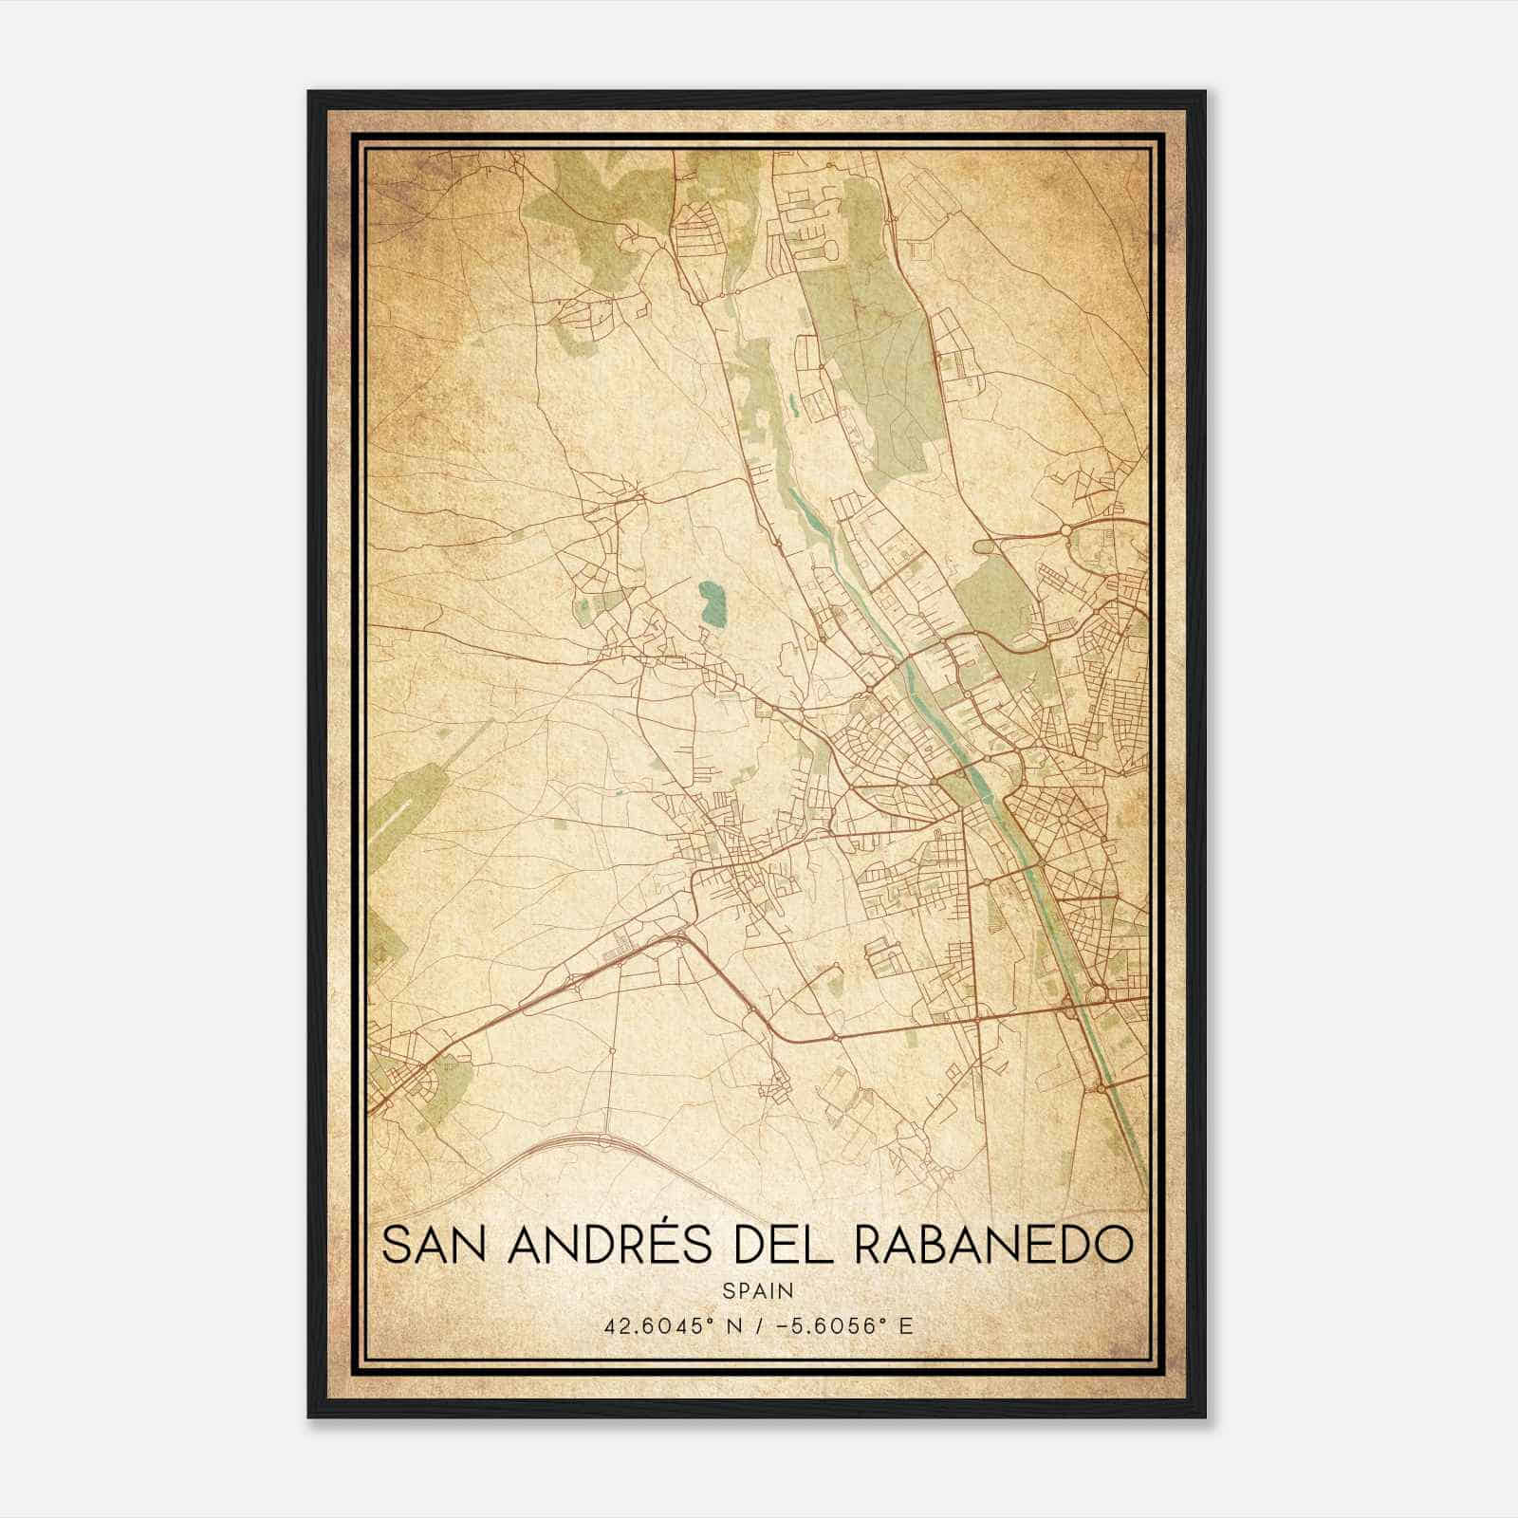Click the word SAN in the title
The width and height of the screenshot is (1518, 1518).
pos(437,1247)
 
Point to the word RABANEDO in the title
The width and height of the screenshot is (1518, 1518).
pos(993,1247)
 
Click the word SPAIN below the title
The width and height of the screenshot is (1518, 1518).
pos(758,1290)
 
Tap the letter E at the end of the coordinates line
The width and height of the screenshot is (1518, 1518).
pos(906,1325)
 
